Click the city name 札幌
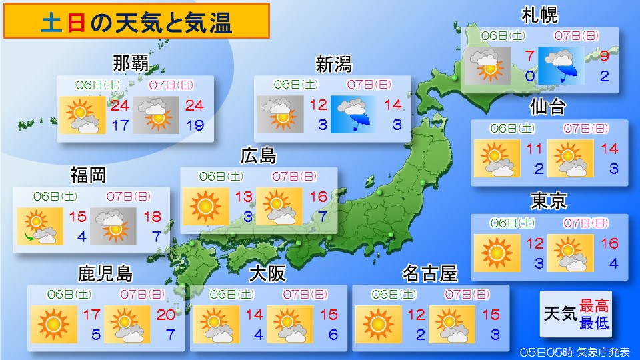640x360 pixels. (x=539, y=15)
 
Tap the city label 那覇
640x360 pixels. (x=131, y=65)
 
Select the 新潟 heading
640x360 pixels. (x=333, y=65)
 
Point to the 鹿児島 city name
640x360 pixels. (x=105, y=274)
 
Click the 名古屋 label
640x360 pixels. (x=430, y=274)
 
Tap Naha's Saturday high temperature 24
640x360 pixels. (x=120, y=105)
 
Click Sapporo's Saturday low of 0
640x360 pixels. (x=529, y=76)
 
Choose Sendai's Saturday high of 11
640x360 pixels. (x=535, y=149)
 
